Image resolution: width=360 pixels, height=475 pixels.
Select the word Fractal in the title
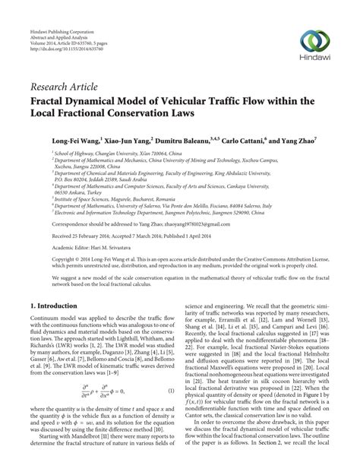(x=49, y=100)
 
